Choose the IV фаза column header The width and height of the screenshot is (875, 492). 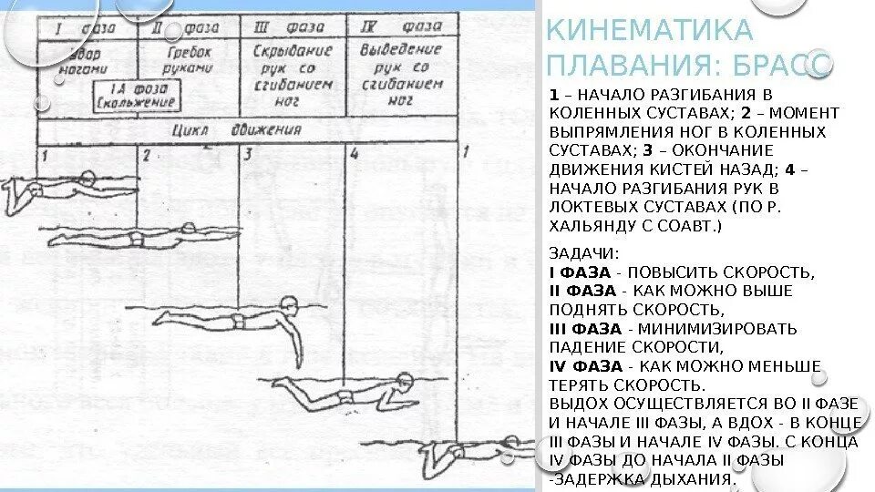(399, 27)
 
